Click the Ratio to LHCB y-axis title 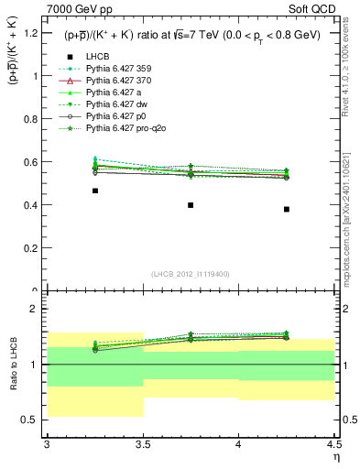pos(13,365)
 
